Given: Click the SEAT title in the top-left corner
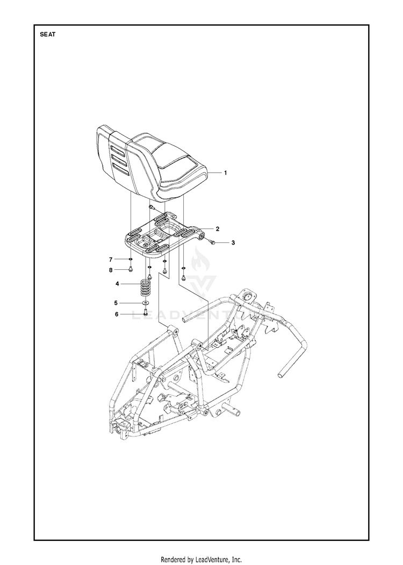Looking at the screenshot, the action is pyautogui.click(x=47, y=35).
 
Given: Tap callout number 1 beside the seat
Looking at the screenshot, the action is pyautogui.click(x=226, y=173).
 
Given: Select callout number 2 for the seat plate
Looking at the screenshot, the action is pyautogui.click(x=218, y=229).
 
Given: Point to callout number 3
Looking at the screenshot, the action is pyautogui.click(x=233, y=243).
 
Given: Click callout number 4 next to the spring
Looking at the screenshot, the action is pyautogui.click(x=117, y=284).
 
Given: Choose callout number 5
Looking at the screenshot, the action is pyautogui.click(x=116, y=303).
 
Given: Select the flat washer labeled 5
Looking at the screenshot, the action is pyautogui.click(x=146, y=303).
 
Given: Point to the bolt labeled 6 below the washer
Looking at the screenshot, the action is pyautogui.click(x=146, y=312).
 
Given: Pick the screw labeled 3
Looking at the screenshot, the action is pyautogui.click(x=213, y=241).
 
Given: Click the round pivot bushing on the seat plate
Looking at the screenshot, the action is pyautogui.click(x=200, y=236).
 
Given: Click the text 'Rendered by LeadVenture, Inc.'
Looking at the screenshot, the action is pyautogui.click(x=201, y=560).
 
